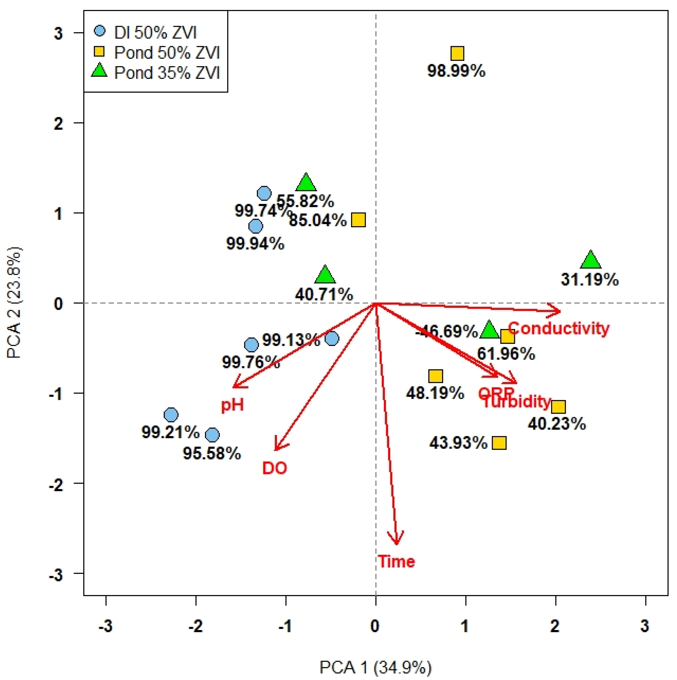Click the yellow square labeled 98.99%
[x=457, y=54]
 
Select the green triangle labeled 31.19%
[x=590, y=261]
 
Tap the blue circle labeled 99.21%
[x=171, y=415]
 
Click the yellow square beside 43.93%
[x=499, y=443]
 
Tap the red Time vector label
[x=396, y=561]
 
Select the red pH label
[x=232, y=406]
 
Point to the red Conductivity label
[x=558, y=328]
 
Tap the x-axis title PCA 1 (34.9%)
[x=375, y=667]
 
